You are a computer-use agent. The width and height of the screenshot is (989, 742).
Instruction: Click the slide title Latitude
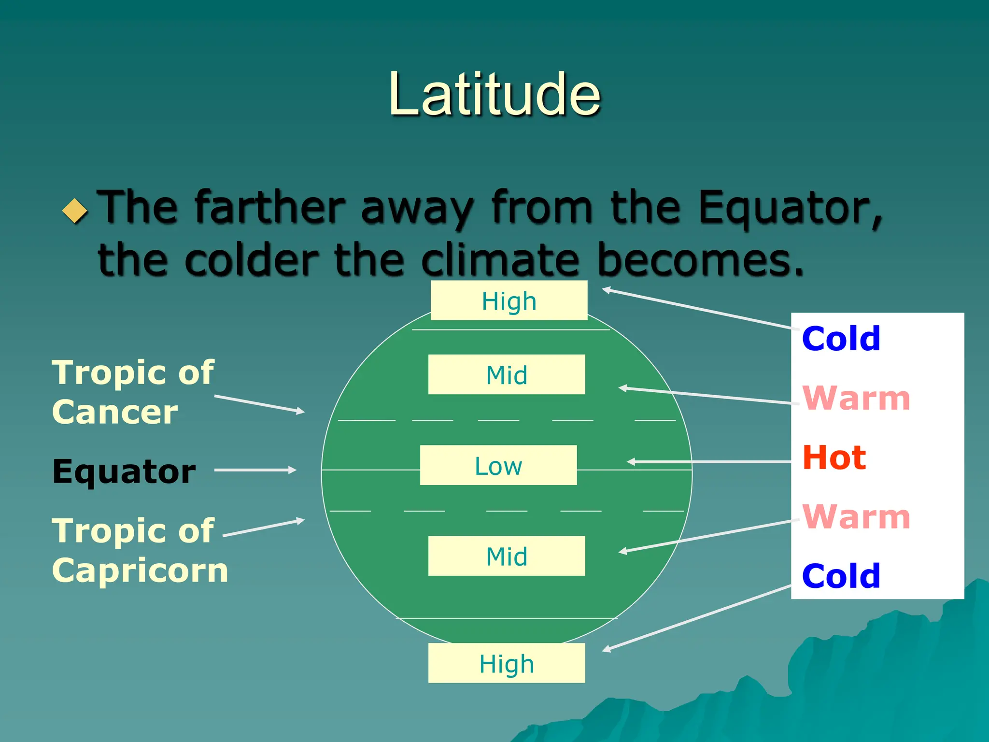coord(494,94)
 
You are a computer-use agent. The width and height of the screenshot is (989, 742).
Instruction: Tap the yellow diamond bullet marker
coord(75,211)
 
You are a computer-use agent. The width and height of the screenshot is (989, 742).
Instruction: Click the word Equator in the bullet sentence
coord(790,208)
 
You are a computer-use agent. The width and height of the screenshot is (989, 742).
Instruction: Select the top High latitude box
coord(509,301)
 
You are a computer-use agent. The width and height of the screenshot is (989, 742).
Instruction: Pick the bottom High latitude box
coord(507,663)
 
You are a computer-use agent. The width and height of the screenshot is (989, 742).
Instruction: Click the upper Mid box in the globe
coord(507,375)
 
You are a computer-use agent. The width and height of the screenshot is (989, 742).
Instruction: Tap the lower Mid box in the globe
coord(507,556)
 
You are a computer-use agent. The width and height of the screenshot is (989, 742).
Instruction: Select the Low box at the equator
coord(498,466)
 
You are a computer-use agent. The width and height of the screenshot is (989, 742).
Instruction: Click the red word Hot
coord(834,457)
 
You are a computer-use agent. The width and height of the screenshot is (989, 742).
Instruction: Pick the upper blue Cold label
coord(841,339)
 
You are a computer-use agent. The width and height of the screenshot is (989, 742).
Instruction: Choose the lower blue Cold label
coord(841,576)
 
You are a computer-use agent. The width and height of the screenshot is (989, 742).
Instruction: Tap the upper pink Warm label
coord(856,399)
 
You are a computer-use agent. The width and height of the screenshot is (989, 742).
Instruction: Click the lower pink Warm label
coord(856,517)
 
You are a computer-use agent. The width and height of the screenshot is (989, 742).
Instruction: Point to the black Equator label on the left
coord(124,471)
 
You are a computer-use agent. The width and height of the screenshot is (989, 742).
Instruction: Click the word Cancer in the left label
coord(115,413)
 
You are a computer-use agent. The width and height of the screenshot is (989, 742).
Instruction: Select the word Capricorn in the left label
coord(140,571)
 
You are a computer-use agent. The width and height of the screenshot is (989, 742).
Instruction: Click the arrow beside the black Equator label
coord(255,470)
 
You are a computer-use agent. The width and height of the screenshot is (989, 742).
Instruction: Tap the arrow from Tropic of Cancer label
coord(259,404)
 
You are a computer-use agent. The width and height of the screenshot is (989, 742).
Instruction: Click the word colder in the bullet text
coord(251,261)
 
